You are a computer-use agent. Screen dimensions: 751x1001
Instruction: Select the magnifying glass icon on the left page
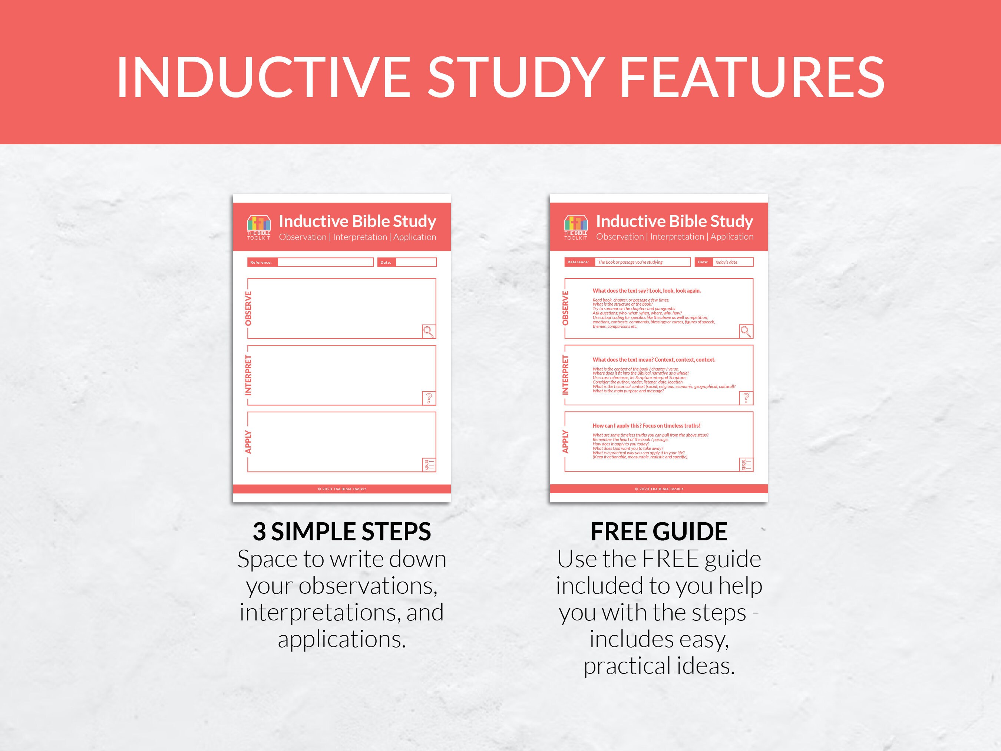click(x=429, y=331)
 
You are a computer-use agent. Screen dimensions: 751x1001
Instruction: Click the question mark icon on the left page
click(x=429, y=398)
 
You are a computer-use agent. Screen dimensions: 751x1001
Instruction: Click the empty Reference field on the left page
click(x=326, y=262)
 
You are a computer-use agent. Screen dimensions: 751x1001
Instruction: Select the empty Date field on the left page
click(x=416, y=262)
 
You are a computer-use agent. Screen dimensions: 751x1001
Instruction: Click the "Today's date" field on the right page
click(x=733, y=262)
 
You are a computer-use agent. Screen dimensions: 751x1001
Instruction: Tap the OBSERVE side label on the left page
click(x=248, y=308)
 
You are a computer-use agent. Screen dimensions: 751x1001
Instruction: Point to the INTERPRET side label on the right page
click(x=565, y=375)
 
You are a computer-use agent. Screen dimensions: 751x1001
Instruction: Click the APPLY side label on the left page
click(x=248, y=442)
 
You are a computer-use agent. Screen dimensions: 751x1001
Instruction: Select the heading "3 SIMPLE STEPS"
click(x=342, y=531)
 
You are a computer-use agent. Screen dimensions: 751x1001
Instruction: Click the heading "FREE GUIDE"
click(x=659, y=531)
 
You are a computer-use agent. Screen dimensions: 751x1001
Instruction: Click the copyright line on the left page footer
click(x=342, y=489)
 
